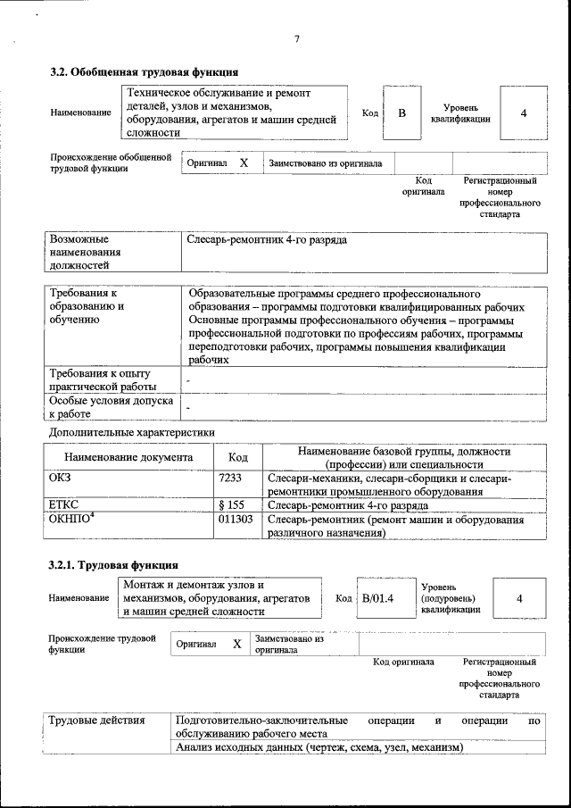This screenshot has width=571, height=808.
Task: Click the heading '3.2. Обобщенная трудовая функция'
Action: pos(144,72)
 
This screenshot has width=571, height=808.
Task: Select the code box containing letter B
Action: pos(401,112)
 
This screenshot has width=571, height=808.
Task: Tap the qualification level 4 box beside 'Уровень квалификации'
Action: pos(524,112)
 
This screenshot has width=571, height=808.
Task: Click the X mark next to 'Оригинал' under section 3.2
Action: pos(244,163)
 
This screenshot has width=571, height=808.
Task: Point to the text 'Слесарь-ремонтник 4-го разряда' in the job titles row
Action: pos(267,240)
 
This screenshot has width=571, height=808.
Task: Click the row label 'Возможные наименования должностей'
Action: pos(84,252)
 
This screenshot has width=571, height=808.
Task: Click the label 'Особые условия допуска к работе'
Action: pos(99,407)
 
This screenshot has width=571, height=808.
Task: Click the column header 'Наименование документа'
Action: pos(128,457)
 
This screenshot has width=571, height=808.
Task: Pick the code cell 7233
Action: pos(230,479)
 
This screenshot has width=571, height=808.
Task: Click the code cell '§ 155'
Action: pos(231,504)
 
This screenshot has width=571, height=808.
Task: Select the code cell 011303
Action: pos(236,519)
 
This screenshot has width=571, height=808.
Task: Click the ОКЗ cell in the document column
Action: pos(60,479)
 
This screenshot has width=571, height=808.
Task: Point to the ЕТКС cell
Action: pos(63,504)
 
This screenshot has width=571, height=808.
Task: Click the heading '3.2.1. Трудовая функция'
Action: pos(113,565)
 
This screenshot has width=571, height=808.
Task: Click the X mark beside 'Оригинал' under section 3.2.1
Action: pos(236,644)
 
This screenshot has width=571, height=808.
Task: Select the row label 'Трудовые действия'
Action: pos(90,720)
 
